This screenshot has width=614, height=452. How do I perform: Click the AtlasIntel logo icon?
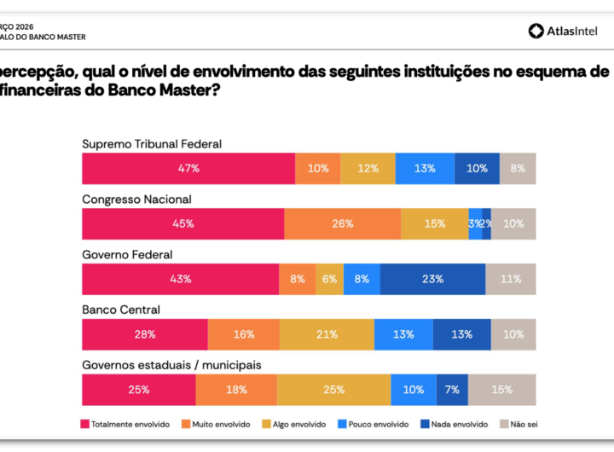[x=536, y=31]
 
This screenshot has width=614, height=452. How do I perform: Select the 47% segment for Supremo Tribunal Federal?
[x=188, y=169]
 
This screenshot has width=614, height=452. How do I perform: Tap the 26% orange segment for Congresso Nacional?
[x=342, y=224]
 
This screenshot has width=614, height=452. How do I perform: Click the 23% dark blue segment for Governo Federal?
[x=432, y=279]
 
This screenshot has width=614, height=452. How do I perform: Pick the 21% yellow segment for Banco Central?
[x=327, y=334]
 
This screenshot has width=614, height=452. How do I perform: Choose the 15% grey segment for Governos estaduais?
[x=502, y=390]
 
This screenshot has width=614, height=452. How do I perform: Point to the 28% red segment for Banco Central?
[x=145, y=334]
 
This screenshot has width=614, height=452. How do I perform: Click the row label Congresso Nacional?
[x=136, y=200]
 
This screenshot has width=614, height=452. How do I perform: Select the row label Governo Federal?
[x=127, y=255]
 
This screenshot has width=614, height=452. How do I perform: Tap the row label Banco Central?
[x=121, y=310]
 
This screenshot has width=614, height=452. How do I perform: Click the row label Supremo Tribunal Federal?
[x=152, y=144]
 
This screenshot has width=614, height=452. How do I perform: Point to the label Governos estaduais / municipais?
[x=171, y=365]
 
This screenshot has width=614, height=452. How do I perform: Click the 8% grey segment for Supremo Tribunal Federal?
[x=518, y=169]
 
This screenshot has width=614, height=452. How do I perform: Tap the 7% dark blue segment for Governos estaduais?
[x=452, y=390]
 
